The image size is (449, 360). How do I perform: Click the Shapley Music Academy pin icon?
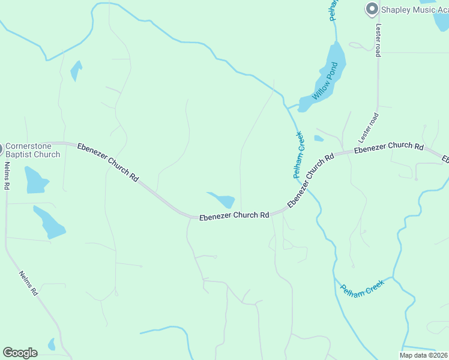(372, 9)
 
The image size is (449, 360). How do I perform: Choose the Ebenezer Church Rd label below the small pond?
(234, 215)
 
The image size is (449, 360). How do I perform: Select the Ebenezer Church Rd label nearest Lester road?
(388, 146)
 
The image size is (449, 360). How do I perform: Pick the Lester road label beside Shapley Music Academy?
(378, 40)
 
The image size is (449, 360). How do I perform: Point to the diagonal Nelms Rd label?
(29, 283)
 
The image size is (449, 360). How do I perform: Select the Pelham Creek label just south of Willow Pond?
(300, 155)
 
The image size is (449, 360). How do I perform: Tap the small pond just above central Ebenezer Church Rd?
(223, 200)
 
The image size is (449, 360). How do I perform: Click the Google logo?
(20, 353)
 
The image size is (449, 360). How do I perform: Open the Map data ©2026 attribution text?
(423, 355)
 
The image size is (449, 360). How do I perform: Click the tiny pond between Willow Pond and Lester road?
(319, 139)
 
